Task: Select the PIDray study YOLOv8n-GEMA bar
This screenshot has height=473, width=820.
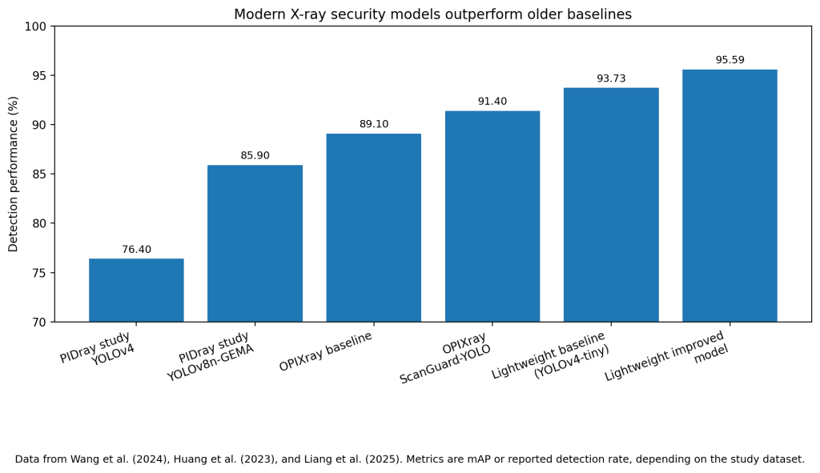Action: pyautogui.click(x=255, y=243)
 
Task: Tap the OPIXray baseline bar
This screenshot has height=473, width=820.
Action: pyautogui.click(x=373, y=227)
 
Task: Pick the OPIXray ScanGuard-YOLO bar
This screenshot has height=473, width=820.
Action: pyautogui.click(x=492, y=216)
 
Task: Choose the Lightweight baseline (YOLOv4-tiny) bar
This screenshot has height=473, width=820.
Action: pyautogui.click(x=611, y=205)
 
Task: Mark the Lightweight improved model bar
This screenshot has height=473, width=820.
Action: pyautogui.click(x=730, y=195)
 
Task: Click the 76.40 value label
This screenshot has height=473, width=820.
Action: pyautogui.click(x=136, y=250)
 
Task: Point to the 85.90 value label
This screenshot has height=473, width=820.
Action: pyautogui.click(x=255, y=156)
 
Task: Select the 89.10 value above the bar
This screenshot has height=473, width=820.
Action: pyautogui.click(x=373, y=124)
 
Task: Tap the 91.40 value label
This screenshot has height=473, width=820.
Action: pyautogui.click(x=492, y=102)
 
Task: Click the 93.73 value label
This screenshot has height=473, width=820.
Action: pyautogui.click(x=611, y=78)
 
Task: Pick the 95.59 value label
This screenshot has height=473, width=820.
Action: pyautogui.click(x=730, y=60)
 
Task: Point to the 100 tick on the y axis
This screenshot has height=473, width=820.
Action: pyautogui.click(x=37, y=26)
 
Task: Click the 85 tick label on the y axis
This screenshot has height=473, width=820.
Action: pyautogui.click(x=40, y=174)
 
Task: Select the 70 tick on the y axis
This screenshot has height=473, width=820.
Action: pyautogui.click(x=40, y=323)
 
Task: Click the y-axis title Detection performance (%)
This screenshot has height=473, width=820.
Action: pyautogui.click(x=14, y=174)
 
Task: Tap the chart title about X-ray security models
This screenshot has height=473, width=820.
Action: pyautogui.click(x=432, y=14)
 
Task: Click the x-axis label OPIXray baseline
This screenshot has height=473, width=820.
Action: pyautogui.click(x=327, y=352)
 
